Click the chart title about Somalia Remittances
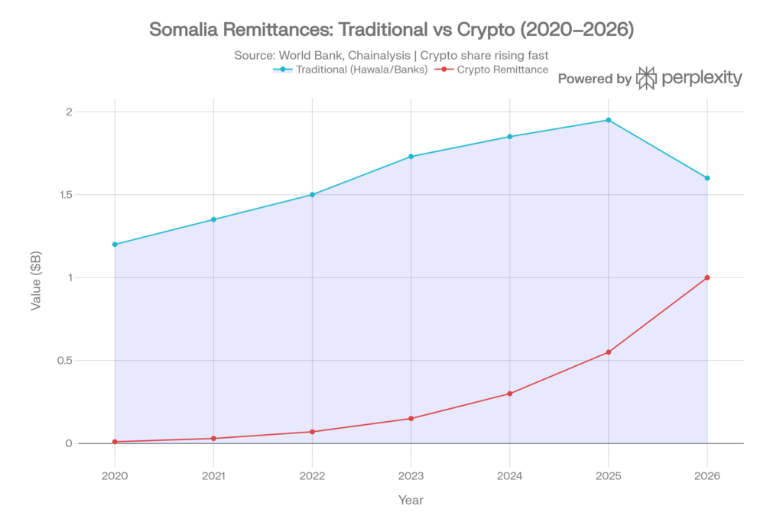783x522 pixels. tap(391, 31)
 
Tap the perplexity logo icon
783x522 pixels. tap(647, 78)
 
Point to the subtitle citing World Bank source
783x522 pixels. tap(391, 55)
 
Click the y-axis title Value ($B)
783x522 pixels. tap(36, 277)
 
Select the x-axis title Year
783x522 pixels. tap(411, 501)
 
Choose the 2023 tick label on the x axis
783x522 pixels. tap(411, 475)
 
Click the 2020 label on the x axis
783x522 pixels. tap(115, 475)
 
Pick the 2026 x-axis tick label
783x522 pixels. tap(707, 475)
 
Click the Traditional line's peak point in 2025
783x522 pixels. tap(609, 120)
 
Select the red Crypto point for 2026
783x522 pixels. tap(707, 277)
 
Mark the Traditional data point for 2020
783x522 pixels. tap(115, 245)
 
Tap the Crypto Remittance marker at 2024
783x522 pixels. tap(510, 394)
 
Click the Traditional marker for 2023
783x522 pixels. tap(411, 156)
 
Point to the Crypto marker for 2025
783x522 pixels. tap(609, 352)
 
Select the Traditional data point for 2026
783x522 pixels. tap(707, 178)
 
